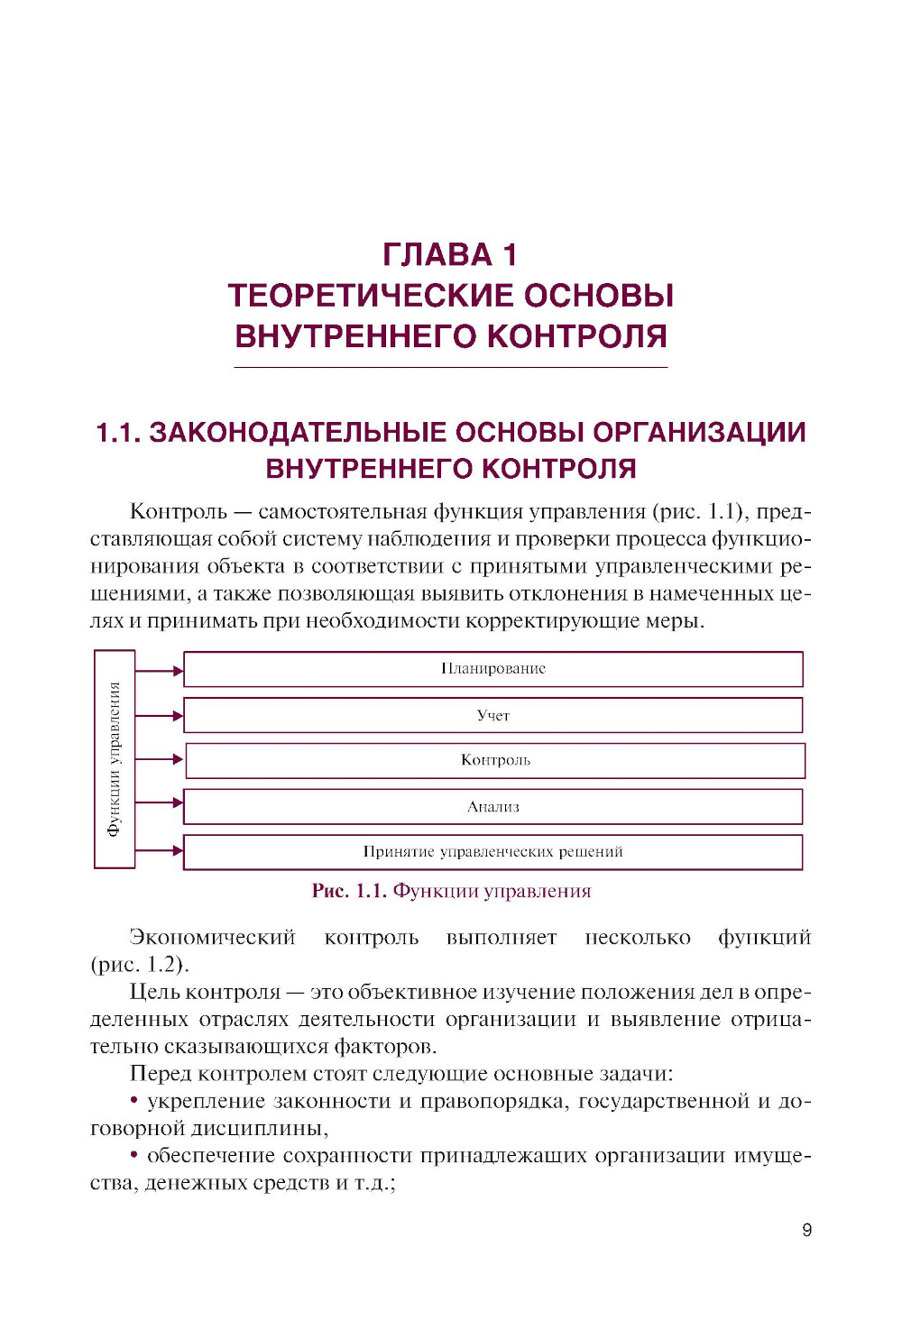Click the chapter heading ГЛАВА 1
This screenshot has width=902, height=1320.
point(450,255)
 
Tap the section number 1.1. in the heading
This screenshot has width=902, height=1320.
point(118,433)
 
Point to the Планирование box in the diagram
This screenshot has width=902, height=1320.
point(492,669)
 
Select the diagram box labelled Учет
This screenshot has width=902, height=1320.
point(492,715)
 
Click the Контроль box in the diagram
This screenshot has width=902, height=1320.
point(495,760)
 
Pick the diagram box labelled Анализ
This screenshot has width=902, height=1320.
point(492,807)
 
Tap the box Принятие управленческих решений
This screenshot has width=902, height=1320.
point(492,852)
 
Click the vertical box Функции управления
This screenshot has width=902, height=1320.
point(115,759)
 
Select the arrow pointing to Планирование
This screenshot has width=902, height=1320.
point(160,670)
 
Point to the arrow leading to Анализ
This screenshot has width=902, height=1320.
point(160,802)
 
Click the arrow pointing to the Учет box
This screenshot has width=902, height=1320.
point(160,716)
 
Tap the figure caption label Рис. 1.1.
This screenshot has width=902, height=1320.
point(349,891)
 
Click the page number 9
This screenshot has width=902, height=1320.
point(806,1230)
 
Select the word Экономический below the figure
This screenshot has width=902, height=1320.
point(213,938)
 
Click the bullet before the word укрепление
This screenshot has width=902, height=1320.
point(134,1100)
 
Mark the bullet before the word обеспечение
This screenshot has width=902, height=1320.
point(134,1155)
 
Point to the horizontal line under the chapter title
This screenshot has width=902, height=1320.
point(450,367)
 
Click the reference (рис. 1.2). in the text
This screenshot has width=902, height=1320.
point(140,965)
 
